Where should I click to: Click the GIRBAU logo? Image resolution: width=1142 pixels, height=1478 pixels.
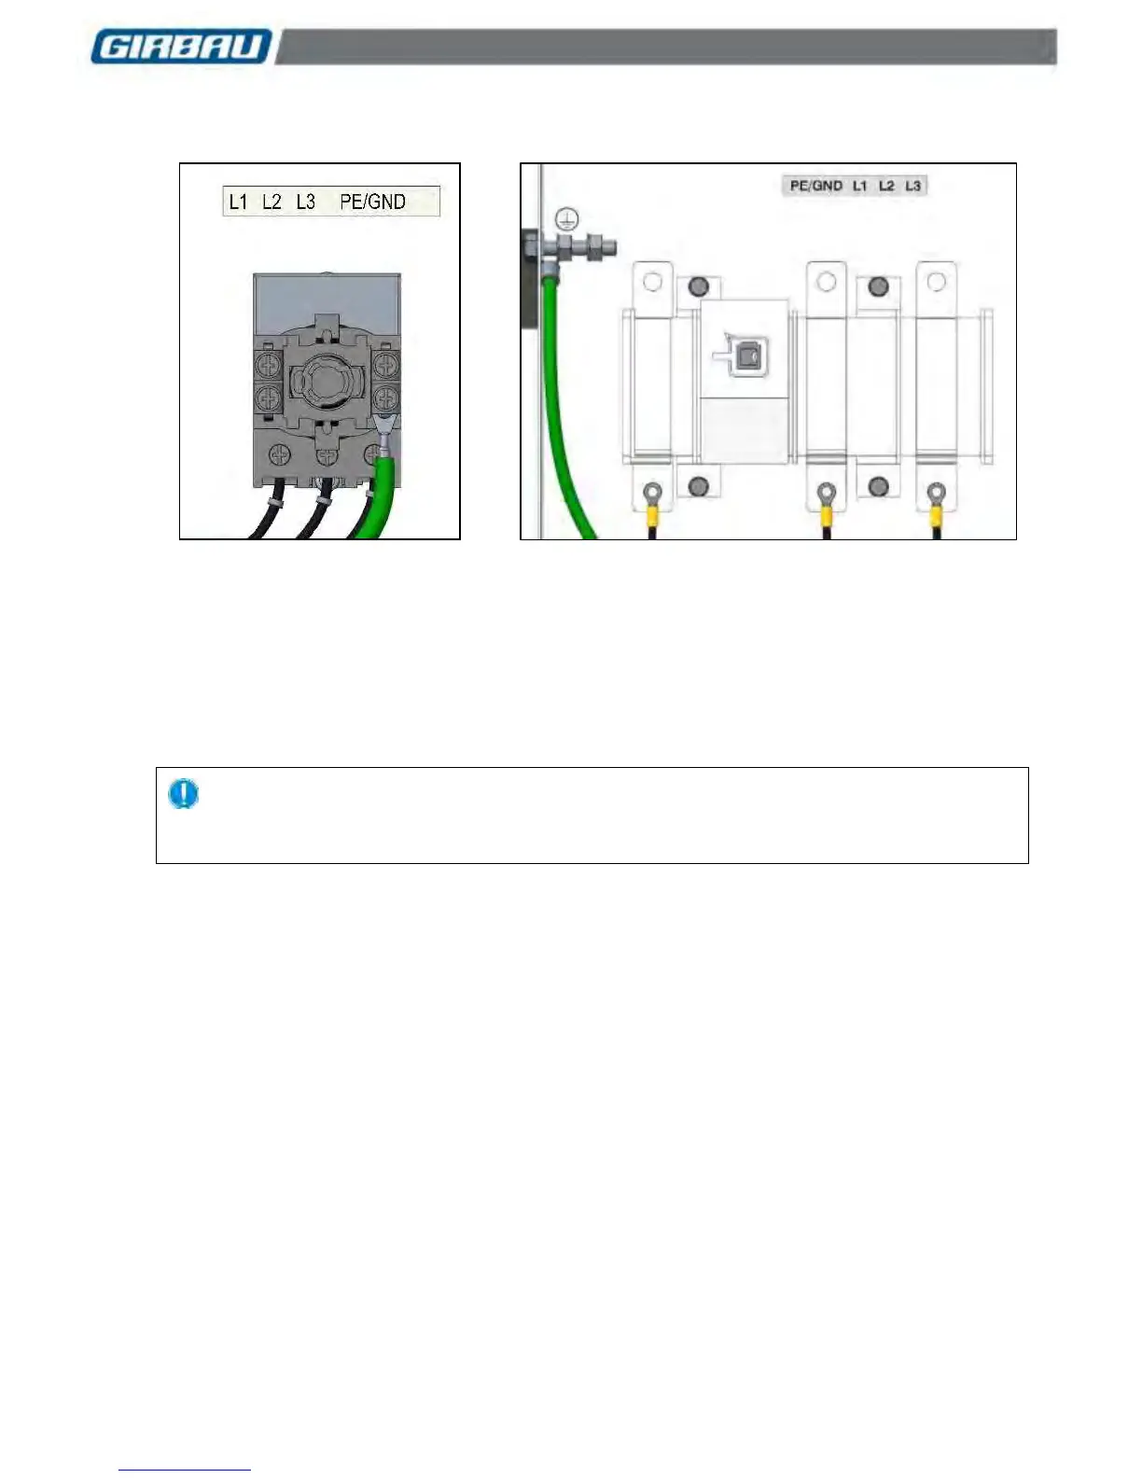181,47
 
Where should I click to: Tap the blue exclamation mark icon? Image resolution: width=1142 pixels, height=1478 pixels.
183,794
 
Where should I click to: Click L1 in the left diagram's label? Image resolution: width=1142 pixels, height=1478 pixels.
239,202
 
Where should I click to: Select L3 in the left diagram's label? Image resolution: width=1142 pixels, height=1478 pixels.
305,202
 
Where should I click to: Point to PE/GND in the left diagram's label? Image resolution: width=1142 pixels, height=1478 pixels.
372,202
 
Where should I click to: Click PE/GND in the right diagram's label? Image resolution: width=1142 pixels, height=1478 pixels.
815,186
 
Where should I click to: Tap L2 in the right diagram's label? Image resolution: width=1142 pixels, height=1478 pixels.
886,186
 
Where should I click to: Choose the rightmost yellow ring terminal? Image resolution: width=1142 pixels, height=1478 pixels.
935,497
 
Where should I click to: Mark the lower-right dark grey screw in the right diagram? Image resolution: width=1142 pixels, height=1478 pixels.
878,486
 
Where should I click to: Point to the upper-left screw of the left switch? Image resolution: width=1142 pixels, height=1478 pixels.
268,362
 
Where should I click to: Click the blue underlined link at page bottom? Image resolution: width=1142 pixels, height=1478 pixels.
185,1470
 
